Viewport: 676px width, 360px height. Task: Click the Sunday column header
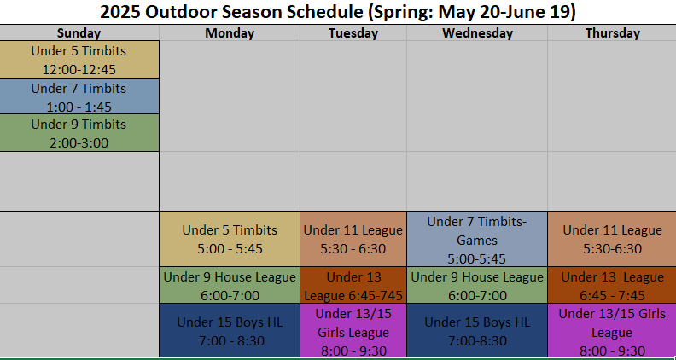tap(79, 32)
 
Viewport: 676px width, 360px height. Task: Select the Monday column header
tap(230, 32)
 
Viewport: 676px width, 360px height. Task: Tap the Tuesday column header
tap(353, 32)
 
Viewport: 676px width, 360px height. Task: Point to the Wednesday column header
tap(477, 32)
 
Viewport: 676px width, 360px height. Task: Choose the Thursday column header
tap(612, 32)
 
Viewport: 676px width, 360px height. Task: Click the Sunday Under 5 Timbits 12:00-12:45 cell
tap(79, 60)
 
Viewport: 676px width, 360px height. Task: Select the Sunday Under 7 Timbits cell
tap(79, 96)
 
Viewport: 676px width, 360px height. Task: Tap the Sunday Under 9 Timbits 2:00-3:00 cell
tap(79, 133)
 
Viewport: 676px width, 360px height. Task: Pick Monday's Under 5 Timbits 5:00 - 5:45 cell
tap(230, 239)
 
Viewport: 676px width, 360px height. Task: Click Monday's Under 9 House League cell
tap(230, 285)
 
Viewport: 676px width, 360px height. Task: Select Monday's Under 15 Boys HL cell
tap(230, 331)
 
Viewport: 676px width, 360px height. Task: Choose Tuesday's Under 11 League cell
tap(353, 239)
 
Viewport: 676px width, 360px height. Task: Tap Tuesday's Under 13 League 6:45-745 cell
tap(353, 285)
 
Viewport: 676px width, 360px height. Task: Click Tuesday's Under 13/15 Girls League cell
tap(353, 331)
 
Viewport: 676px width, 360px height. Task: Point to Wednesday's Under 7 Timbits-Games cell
tap(477, 239)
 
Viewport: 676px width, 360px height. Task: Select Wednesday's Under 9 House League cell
tap(477, 285)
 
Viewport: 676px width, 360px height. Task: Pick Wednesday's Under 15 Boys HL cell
tap(477, 331)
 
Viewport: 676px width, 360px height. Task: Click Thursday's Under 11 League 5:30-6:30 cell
tap(612, 239)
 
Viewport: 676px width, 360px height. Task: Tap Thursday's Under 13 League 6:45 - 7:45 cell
tap(612, 285)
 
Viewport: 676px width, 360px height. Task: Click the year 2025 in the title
tap(119, 12)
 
